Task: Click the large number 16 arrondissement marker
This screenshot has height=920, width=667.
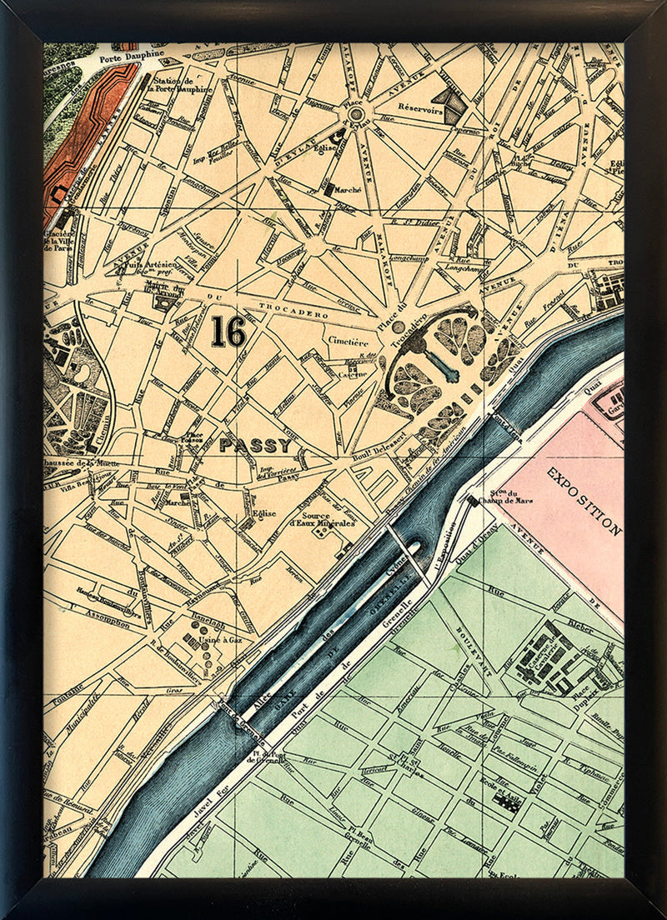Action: pyautogui.click(x=228, y=331)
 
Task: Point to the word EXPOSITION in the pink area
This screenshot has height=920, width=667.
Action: pyautogui.click(x=584, y=500)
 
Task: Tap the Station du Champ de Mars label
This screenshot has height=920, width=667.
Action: pyautogui.click(x=509, y=501)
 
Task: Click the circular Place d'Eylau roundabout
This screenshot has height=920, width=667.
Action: pyautogui.click(x=356, y=114)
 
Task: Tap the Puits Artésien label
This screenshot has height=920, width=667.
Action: pyautogui.click(x=138, y=264)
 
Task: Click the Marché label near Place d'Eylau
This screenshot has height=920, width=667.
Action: pyautogui.click(x=348, y=190)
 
